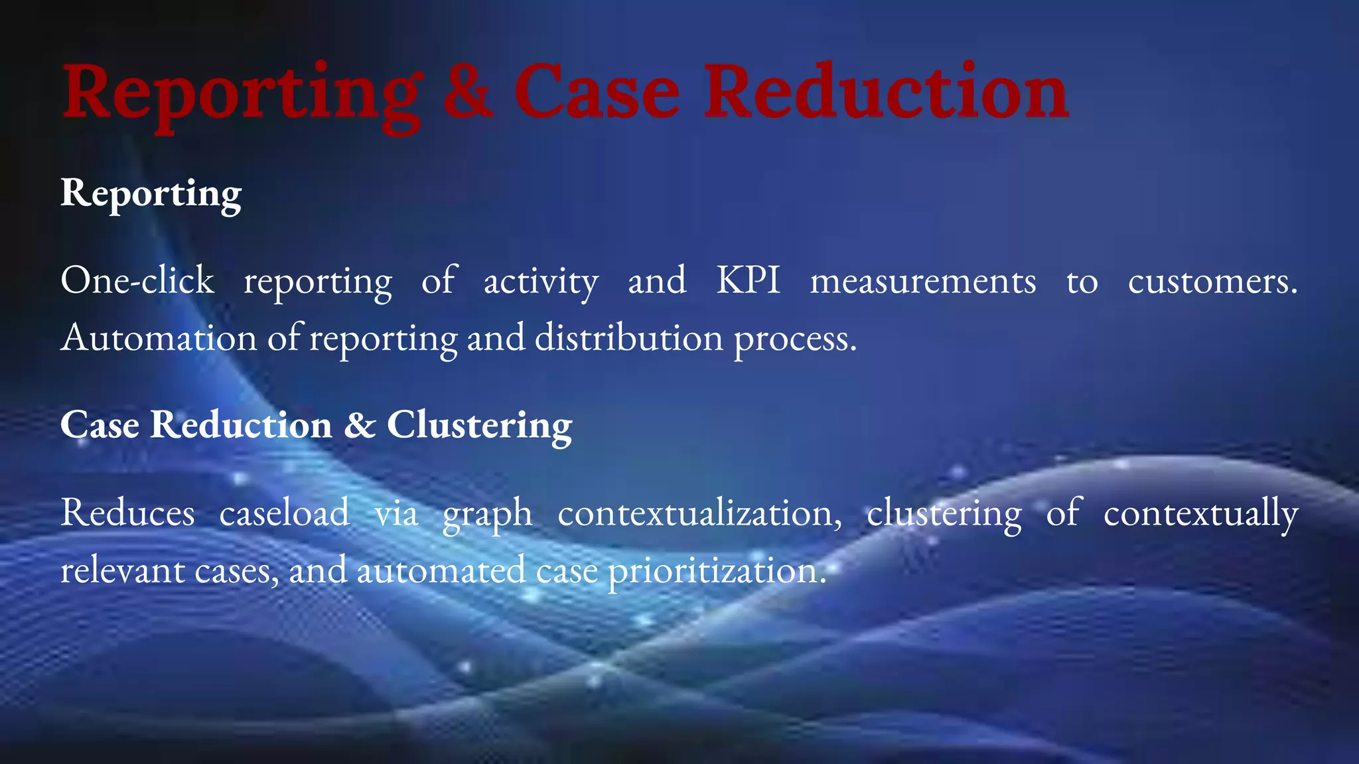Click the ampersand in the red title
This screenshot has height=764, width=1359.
pos(468,93)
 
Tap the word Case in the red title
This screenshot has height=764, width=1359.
pos(597,93)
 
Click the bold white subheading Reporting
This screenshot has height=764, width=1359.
pos(151,194)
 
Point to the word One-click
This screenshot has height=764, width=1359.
pos(137,281)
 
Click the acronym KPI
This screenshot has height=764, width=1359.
pos(748,281)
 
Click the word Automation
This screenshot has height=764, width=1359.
pos(159,338)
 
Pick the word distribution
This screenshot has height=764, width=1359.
pos(628,338)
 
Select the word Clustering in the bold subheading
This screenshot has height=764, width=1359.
pos(479,425)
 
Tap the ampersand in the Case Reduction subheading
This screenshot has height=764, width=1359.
pos(360,425)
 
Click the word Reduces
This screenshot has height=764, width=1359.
pos(127,513)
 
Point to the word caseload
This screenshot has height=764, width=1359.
pos(284,513)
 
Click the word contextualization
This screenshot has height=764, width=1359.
pos(699,513)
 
